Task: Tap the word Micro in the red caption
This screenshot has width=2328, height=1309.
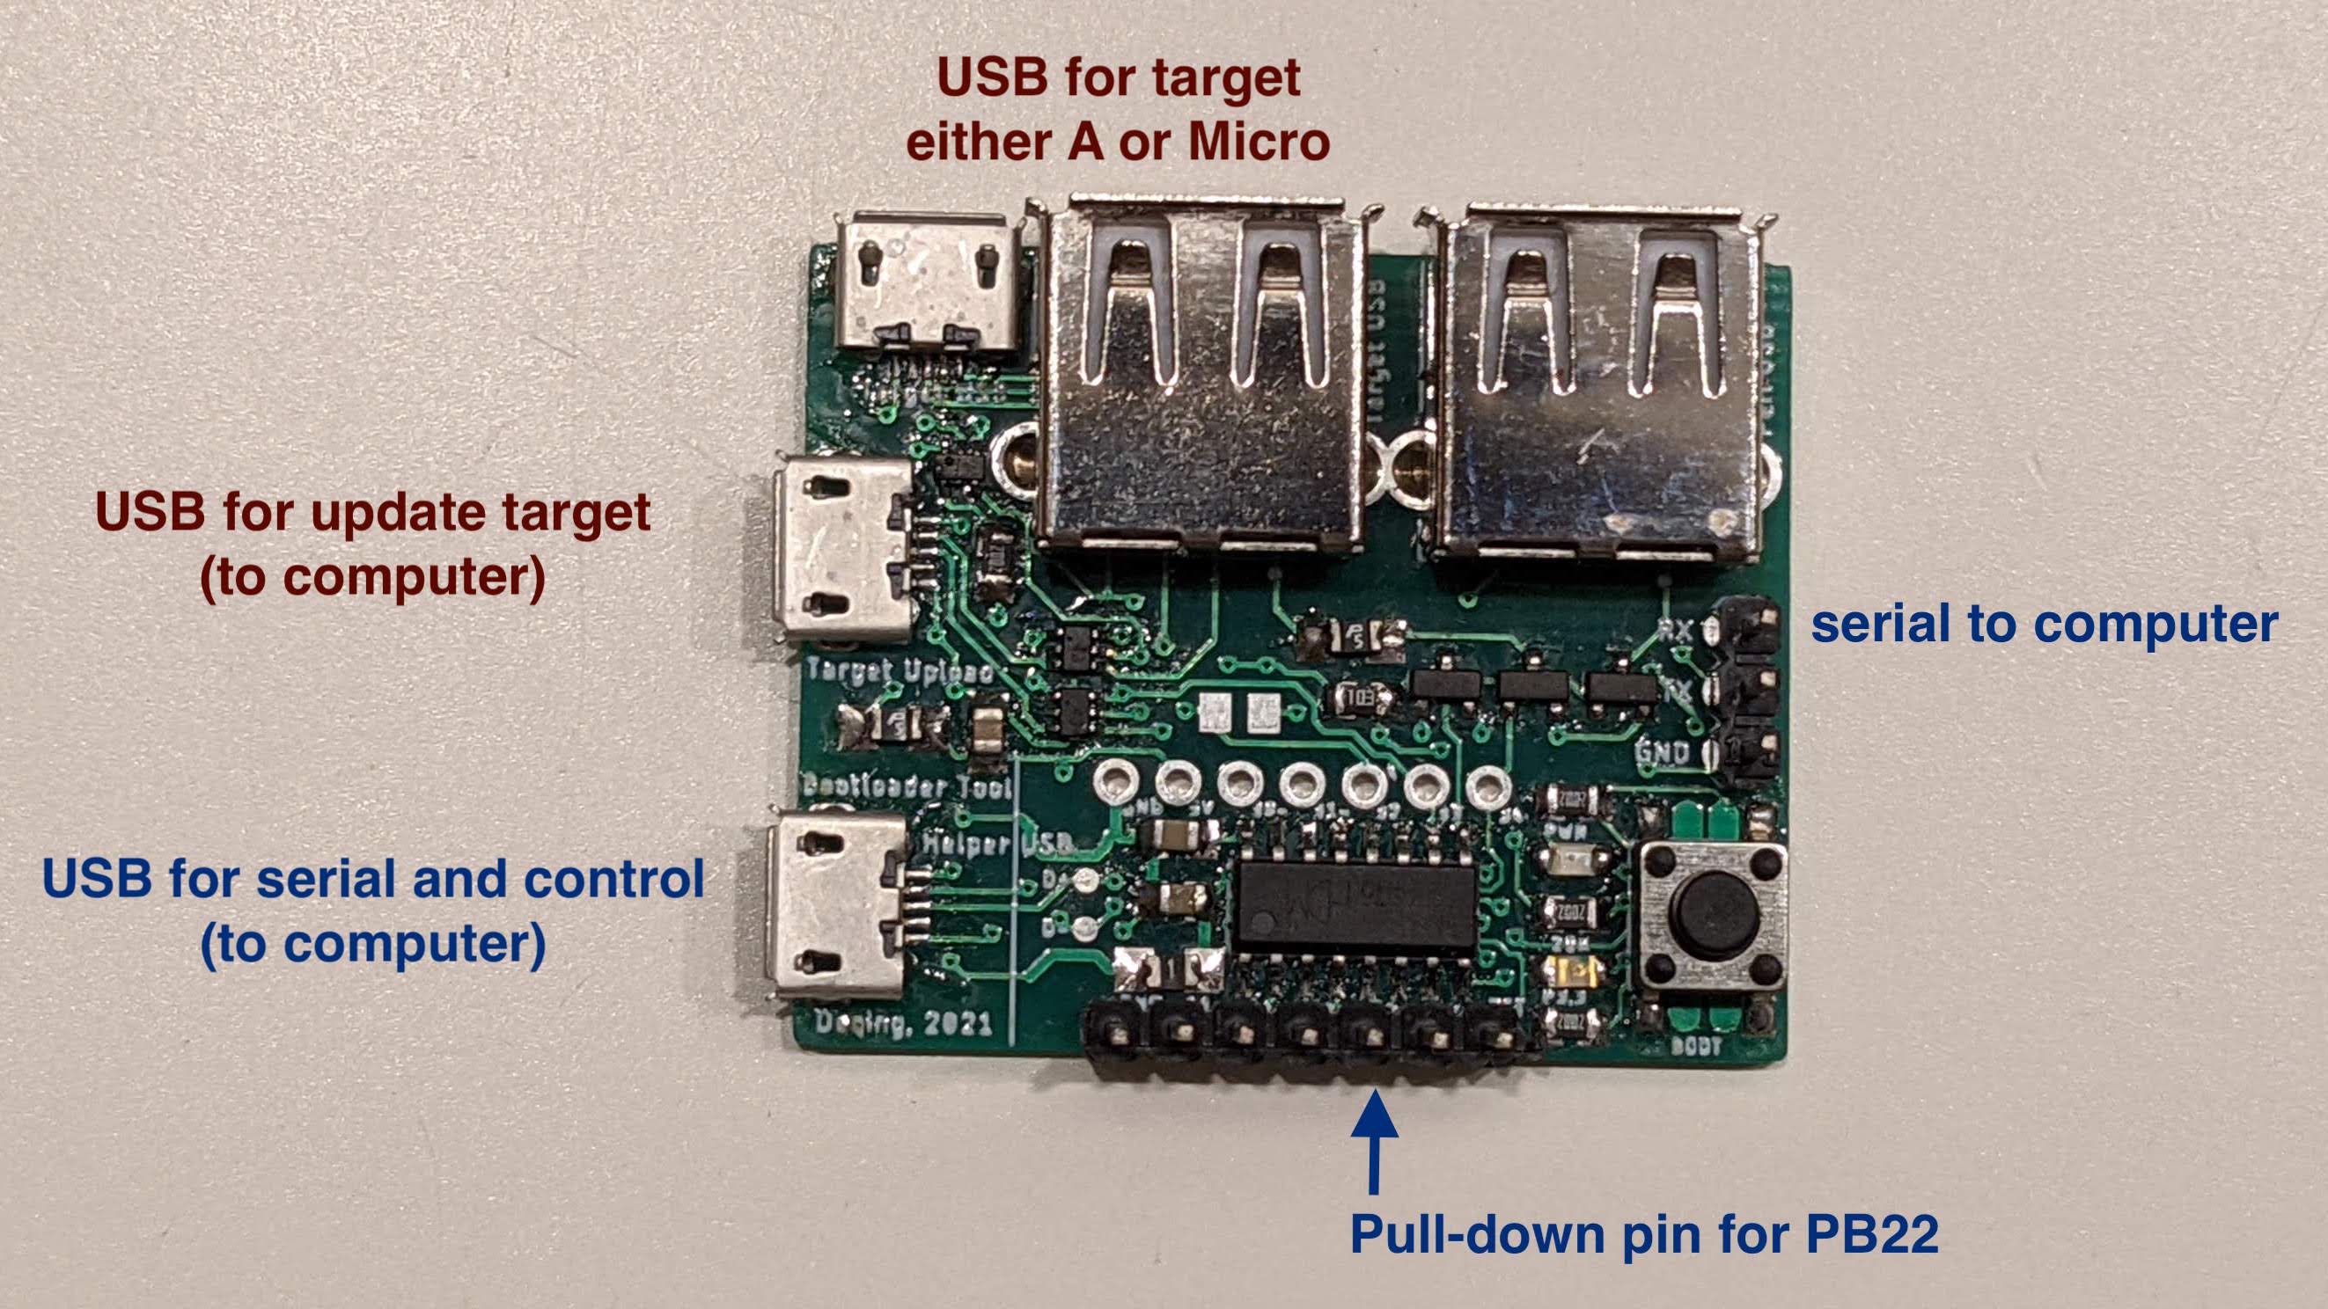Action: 1258,142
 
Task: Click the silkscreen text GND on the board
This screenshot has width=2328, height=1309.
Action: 1661,751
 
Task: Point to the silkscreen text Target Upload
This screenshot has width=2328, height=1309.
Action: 900,671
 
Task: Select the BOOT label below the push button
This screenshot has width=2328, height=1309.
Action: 1694,1046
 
